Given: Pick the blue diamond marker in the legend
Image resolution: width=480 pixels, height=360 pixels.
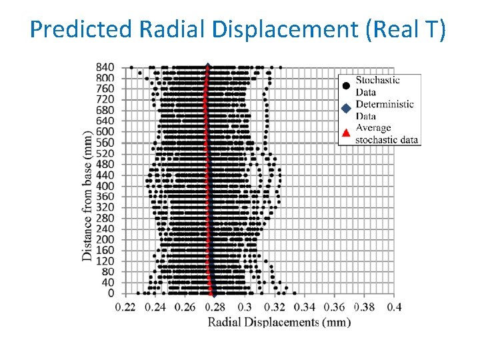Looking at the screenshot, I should coord(345,109).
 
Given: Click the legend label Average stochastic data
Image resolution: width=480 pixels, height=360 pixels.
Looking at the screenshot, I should coord(387,133).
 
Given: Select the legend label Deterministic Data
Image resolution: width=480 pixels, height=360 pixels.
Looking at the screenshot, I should coord(385,110).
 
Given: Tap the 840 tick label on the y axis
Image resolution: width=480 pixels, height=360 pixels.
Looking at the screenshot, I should coord(105,67).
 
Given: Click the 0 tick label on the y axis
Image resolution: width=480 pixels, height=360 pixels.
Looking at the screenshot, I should coord(111,293).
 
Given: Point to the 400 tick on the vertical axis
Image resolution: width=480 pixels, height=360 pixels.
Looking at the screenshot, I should coord(105,185).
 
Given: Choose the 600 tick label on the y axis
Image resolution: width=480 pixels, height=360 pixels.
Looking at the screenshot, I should coord(105,131).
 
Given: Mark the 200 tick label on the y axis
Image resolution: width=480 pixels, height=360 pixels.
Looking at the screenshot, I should coord(105,239).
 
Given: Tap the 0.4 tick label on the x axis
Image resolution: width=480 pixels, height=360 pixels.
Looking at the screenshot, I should coord(394,307).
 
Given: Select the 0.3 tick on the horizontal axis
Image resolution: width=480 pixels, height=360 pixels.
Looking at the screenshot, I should coord(245,307).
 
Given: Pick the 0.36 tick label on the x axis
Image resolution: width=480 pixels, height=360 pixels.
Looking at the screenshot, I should coord(334,307).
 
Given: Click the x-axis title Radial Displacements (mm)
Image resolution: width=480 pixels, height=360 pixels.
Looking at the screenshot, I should coord(279,323).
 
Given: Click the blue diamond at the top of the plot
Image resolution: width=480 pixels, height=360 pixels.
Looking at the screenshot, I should coord(208,66).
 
